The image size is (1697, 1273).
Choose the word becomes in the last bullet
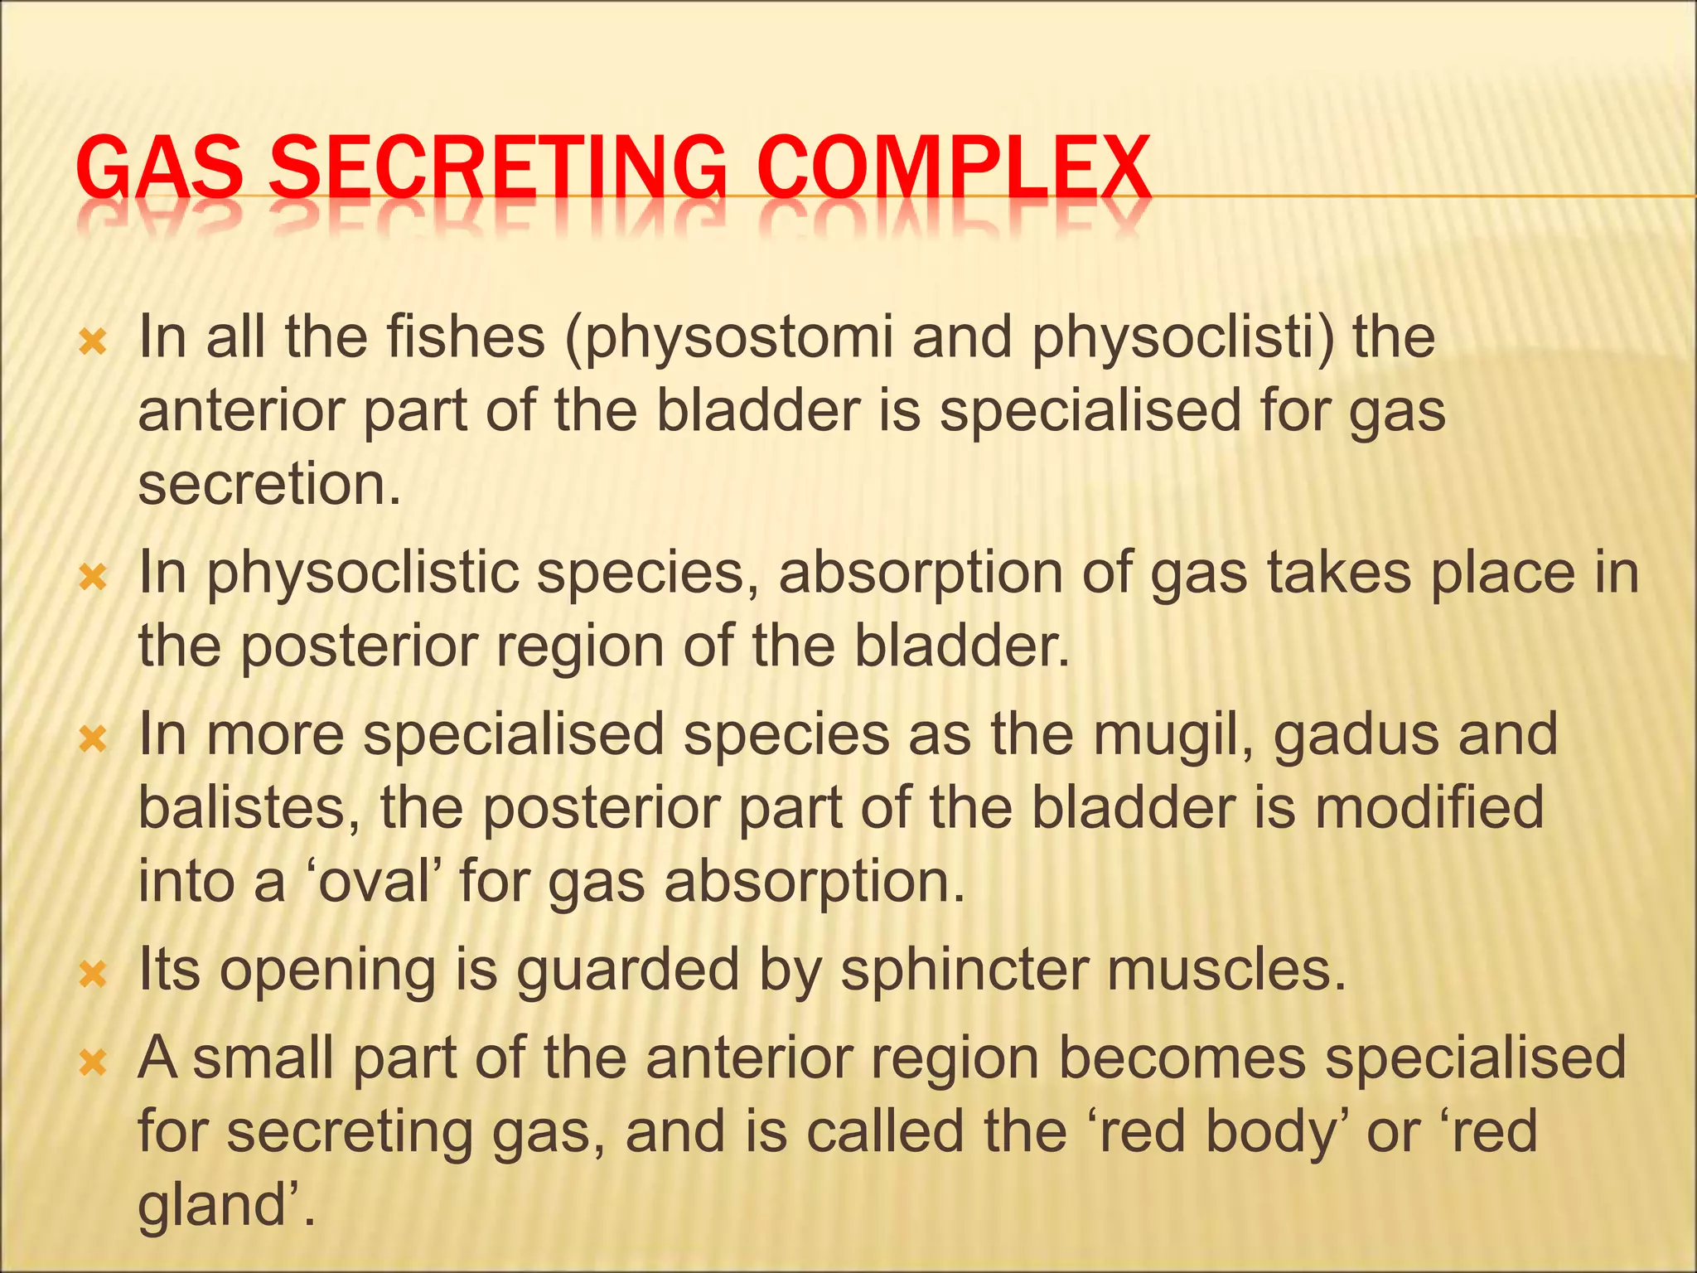tap(1182, 1059)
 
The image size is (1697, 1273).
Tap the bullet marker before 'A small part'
tap(93, 1063)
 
